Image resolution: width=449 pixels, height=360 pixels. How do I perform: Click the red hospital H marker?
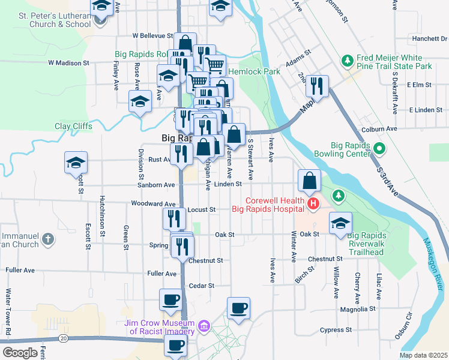click(x=313, y=205)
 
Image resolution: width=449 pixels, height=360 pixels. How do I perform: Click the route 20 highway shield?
click(x=62, y=339)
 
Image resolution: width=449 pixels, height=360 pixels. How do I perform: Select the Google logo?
click(x=20, y=353)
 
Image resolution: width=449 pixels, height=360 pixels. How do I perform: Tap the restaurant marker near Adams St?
click(x=318, y=86)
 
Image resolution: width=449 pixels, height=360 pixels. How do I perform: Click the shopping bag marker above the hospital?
click(x=309, y=180)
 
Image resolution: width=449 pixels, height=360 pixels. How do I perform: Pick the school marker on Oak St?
click(x=340, y=224)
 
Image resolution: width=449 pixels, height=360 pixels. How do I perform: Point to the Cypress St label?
click(x=336, y=330)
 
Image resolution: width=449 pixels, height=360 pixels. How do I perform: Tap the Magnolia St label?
click(x=357, y=309)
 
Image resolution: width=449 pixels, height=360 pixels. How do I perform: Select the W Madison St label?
click(x=68, y=62)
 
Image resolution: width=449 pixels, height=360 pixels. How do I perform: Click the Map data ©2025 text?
click(x=423, y=355)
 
